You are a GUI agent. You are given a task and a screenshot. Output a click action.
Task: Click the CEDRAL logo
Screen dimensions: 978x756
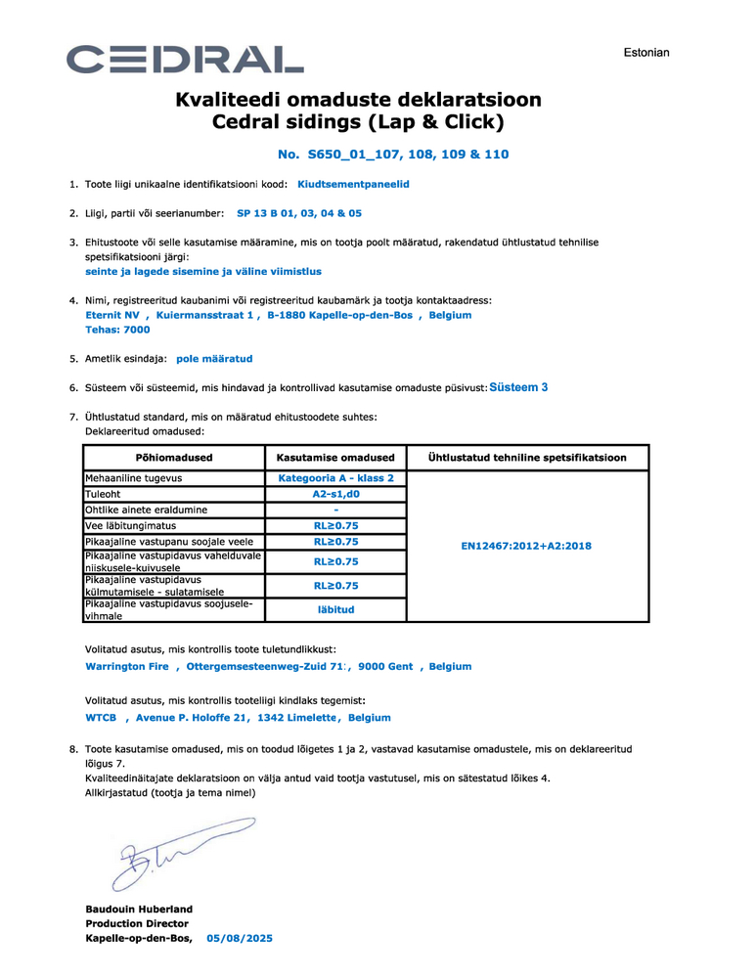[185, 60]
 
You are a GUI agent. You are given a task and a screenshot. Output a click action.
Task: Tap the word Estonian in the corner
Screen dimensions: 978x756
[646, 52]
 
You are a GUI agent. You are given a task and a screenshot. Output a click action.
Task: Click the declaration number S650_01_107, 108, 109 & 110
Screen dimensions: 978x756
[393, 155]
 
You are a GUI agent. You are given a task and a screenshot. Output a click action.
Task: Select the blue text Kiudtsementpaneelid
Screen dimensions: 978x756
[353, 184]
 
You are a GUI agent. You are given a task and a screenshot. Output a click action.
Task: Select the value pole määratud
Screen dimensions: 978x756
[214, 359]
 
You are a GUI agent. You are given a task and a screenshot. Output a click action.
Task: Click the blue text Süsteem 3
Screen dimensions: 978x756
[518, 387]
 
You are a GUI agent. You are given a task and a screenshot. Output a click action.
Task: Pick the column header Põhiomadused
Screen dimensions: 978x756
[173, 458]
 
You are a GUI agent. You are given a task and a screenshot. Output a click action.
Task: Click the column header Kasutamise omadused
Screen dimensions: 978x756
[335, 458]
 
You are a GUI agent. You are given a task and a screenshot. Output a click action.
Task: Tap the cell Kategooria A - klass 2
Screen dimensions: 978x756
[335, 478]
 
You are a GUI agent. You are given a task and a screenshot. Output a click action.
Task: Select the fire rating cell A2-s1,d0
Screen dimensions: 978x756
[335, 494]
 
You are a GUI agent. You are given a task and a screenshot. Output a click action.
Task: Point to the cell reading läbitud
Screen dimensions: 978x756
[335, 609]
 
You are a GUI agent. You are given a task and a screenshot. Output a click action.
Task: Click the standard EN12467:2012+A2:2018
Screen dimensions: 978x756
[526, 546]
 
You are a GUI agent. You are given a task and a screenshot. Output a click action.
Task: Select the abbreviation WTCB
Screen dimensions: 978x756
[102, 717]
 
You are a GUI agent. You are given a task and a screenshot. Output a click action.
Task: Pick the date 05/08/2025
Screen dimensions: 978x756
[240, 938]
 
